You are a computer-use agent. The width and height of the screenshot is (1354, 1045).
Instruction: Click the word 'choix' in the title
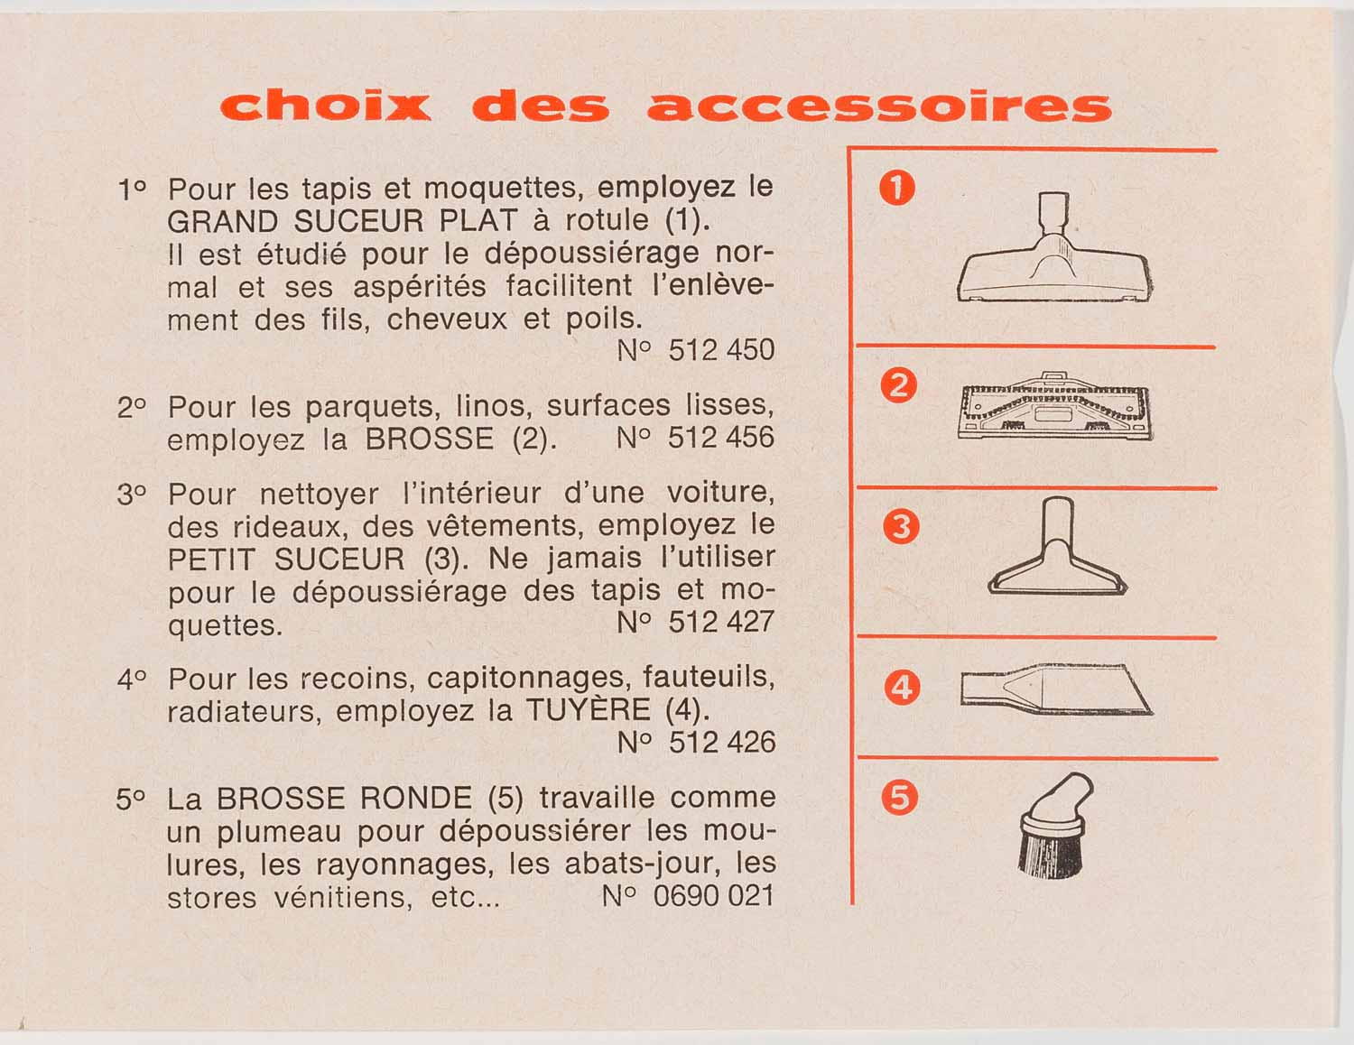coord(325,106)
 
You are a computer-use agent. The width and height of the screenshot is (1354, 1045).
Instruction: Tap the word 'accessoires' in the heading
coord(879,106)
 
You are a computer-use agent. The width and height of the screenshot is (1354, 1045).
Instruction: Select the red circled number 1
coord(897,188)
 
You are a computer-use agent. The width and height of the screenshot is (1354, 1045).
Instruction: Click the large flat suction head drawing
coord(1054,249)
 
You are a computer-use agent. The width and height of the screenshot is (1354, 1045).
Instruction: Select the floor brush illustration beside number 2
coord(1054,406)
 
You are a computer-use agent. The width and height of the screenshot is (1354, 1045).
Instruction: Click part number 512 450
coord(721,350)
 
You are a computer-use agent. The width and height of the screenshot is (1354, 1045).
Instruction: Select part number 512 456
coord(721,437)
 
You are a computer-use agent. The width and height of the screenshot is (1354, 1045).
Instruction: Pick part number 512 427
coord(721,622)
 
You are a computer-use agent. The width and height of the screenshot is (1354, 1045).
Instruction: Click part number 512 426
coord(721,743)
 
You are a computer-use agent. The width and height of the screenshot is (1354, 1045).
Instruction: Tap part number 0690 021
coord(713,896)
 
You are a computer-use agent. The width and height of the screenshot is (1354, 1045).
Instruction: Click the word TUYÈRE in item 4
coord(589,710)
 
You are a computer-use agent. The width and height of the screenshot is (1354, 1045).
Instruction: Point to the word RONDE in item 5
coord(415,799)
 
